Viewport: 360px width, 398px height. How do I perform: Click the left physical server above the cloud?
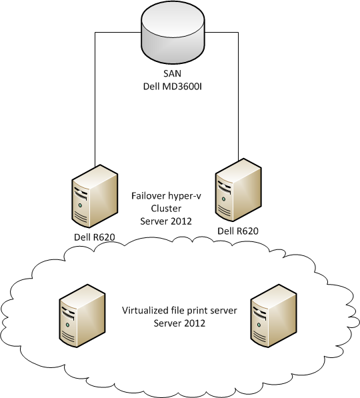pos(93,197)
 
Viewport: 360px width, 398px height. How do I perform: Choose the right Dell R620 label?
pos(237,231)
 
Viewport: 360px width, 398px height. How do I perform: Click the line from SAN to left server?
pos(95,100)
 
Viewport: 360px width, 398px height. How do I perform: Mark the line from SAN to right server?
pos(238,100)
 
